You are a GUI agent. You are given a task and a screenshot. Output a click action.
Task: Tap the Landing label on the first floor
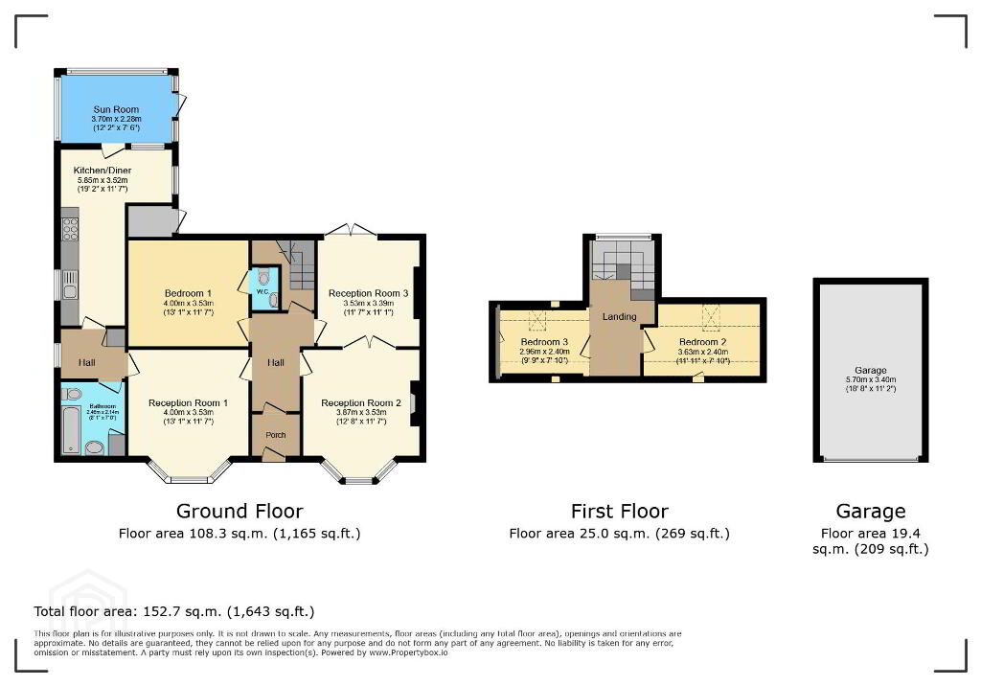(619, 316)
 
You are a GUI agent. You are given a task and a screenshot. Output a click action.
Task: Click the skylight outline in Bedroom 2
(711, 314)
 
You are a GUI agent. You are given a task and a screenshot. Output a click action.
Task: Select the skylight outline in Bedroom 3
(538, 320)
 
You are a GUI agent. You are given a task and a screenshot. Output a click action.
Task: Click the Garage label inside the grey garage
(871, 370)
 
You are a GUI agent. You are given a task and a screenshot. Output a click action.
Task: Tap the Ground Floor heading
(240, 511)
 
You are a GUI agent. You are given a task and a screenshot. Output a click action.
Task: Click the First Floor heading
(619, 511)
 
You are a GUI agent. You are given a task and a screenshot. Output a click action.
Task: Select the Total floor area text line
(174, 611)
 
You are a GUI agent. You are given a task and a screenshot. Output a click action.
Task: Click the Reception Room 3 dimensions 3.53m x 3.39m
(368, 304)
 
